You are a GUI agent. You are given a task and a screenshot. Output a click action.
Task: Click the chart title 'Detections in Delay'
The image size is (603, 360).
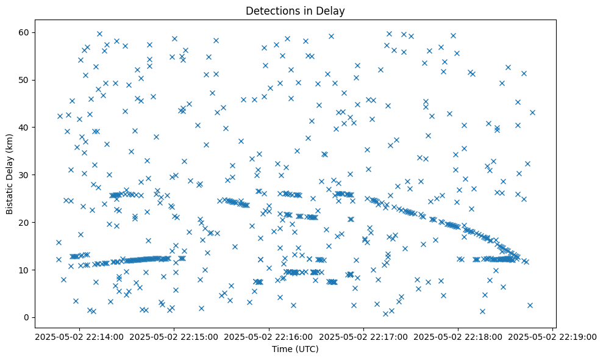click(295, 10)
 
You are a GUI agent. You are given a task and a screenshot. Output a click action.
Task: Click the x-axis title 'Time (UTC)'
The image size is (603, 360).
click(295, 350)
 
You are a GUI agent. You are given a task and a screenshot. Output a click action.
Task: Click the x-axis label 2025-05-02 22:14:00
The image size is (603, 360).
click(79, 336)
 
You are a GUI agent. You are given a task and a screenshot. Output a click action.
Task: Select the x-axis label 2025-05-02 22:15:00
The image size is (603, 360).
click(174, 336)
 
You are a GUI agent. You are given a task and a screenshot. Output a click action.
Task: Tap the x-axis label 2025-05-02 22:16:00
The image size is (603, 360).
click(269, 336)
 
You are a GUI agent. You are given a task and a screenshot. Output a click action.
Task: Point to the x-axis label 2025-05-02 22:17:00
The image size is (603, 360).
click(364, 336)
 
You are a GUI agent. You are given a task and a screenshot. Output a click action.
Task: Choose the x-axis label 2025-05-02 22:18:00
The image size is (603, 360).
click(458, 336)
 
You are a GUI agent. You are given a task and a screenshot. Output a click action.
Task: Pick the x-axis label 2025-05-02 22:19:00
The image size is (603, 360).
click(554, 336)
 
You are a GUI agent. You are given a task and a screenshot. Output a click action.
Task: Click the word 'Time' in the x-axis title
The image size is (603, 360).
click(283, 350)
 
